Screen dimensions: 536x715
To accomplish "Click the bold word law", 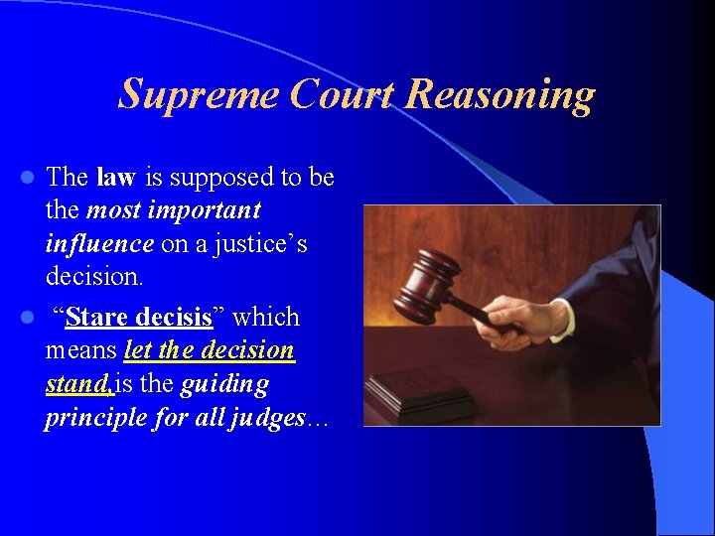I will tap(116, 178).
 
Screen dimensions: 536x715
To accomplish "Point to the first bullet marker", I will tap(30, 179).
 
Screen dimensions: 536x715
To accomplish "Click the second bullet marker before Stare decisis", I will tap(30, 318).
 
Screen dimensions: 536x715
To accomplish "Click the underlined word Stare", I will tap(96, 318).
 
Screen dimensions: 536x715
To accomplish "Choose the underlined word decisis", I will tap(174, 318).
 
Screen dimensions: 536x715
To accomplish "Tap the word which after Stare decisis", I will tap(265, 318).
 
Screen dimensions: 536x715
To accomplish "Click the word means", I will tap(80, 351).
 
